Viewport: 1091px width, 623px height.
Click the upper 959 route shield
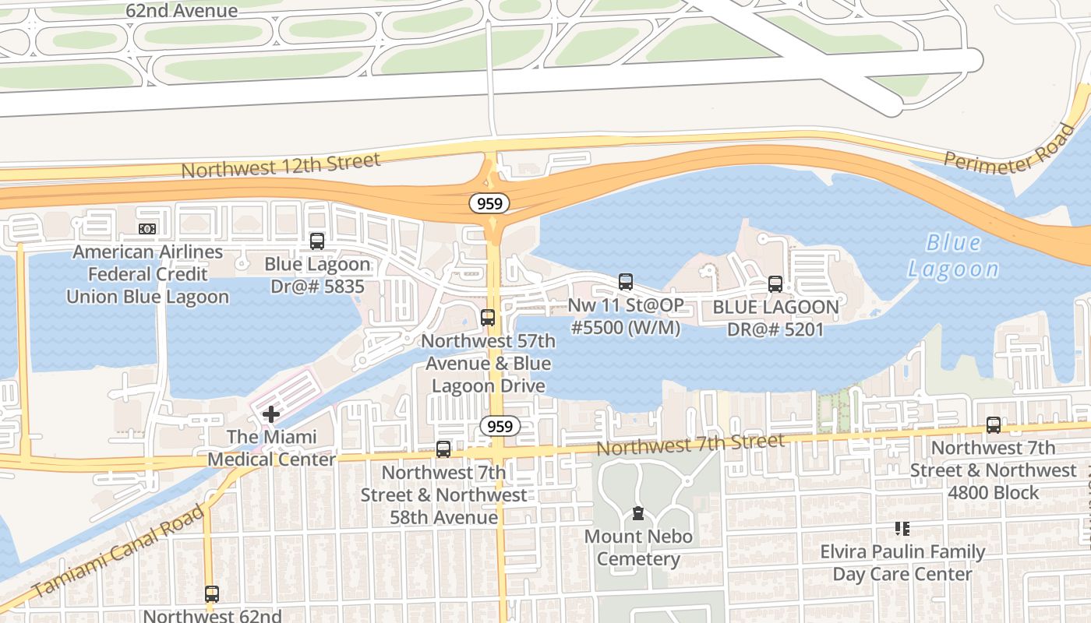tap(489, 203)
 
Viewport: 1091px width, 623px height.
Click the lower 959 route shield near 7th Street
tap(500, 426)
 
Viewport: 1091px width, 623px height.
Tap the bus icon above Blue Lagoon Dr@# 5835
tap(316, 241)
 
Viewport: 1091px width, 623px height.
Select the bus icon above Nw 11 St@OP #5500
tap(625, 282)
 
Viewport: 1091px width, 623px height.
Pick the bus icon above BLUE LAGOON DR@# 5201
tap(775, 284)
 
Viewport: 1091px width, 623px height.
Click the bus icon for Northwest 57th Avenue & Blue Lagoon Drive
tap(488, 318)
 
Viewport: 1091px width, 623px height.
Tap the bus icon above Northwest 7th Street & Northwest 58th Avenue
tap(443, 449)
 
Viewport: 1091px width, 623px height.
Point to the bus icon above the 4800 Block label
tap(993, 425)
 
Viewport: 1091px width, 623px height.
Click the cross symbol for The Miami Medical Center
tap(270, 414)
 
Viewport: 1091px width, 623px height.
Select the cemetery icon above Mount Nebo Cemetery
tap(638, 513)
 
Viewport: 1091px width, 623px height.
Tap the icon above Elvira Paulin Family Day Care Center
tap(902, 530)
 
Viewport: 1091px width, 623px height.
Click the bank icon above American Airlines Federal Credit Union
tap(147, 229)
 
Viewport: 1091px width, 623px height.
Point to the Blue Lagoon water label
tap(953, 255)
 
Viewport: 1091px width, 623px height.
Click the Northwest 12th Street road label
tap(281, 165)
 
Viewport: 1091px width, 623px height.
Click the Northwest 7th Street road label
tap(690, 445)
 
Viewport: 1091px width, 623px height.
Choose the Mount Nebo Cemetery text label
tap(638, 547)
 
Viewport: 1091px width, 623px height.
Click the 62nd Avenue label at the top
tap(182, 11)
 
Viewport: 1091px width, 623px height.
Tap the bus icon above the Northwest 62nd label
tap(211, 593)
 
